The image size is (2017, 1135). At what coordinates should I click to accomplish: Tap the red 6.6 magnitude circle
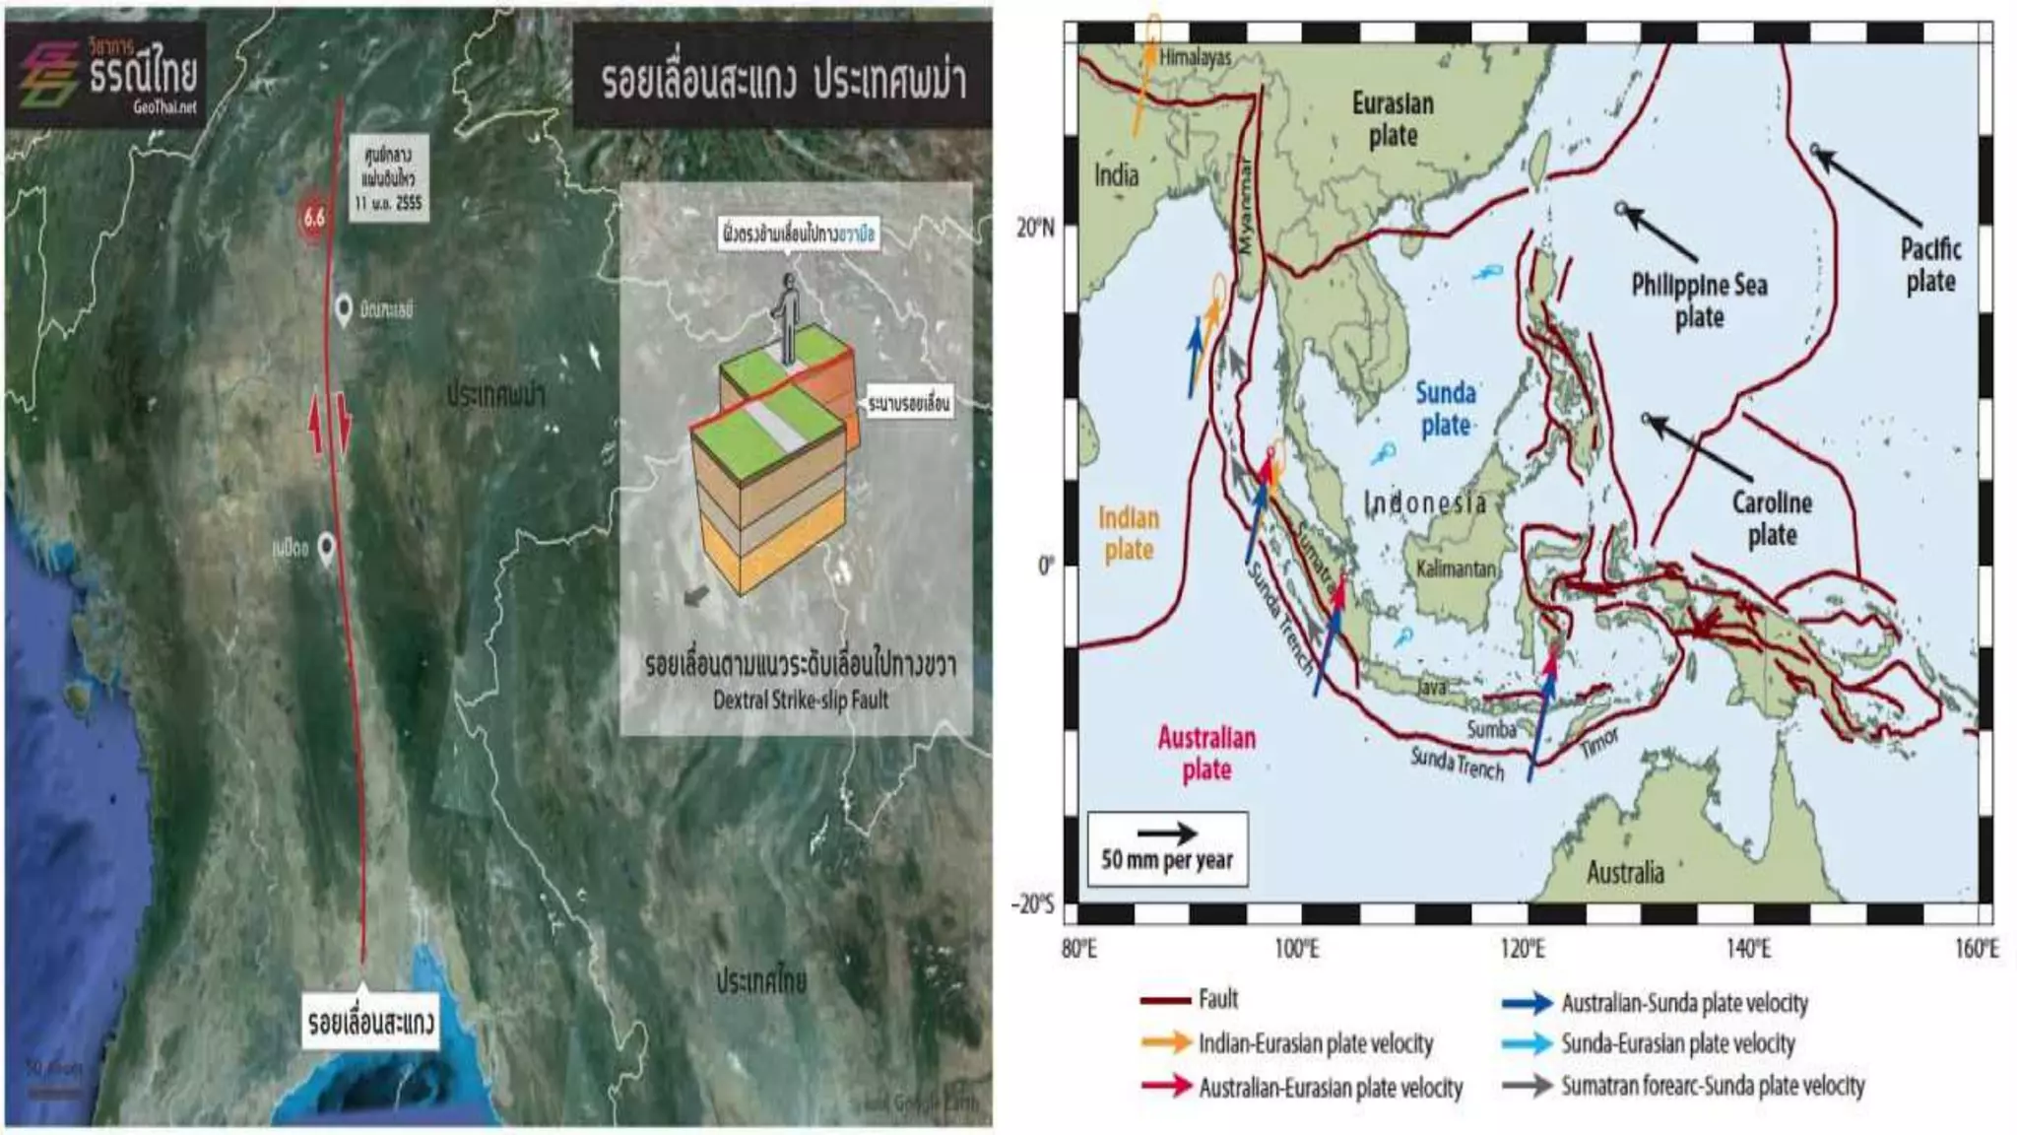[313, 218]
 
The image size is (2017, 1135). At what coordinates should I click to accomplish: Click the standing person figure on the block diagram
[787, 316]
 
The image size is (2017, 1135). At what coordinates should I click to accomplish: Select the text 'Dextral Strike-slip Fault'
[800, 701]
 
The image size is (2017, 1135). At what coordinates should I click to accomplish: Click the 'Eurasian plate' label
[1393, 118]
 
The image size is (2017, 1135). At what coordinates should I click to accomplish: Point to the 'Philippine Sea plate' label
[1699, 300]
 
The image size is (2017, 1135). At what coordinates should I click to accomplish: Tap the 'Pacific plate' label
[1930, 264]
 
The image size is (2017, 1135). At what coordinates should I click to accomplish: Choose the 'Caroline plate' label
[1772, 518]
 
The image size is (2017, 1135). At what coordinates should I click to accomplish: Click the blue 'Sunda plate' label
[1445, 409]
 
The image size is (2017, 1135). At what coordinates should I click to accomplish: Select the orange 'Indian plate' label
[1129, 533]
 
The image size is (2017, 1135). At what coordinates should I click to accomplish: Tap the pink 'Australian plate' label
[1206, 753]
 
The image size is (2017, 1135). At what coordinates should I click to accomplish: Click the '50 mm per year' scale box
[1166, 848]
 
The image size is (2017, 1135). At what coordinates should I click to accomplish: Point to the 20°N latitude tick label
[1034, 229]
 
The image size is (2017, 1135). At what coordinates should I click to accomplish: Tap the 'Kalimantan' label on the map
[1456, 569]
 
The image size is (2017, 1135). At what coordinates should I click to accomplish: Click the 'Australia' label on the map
[1625, 872]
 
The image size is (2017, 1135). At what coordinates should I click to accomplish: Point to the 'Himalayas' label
[1195, 57]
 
